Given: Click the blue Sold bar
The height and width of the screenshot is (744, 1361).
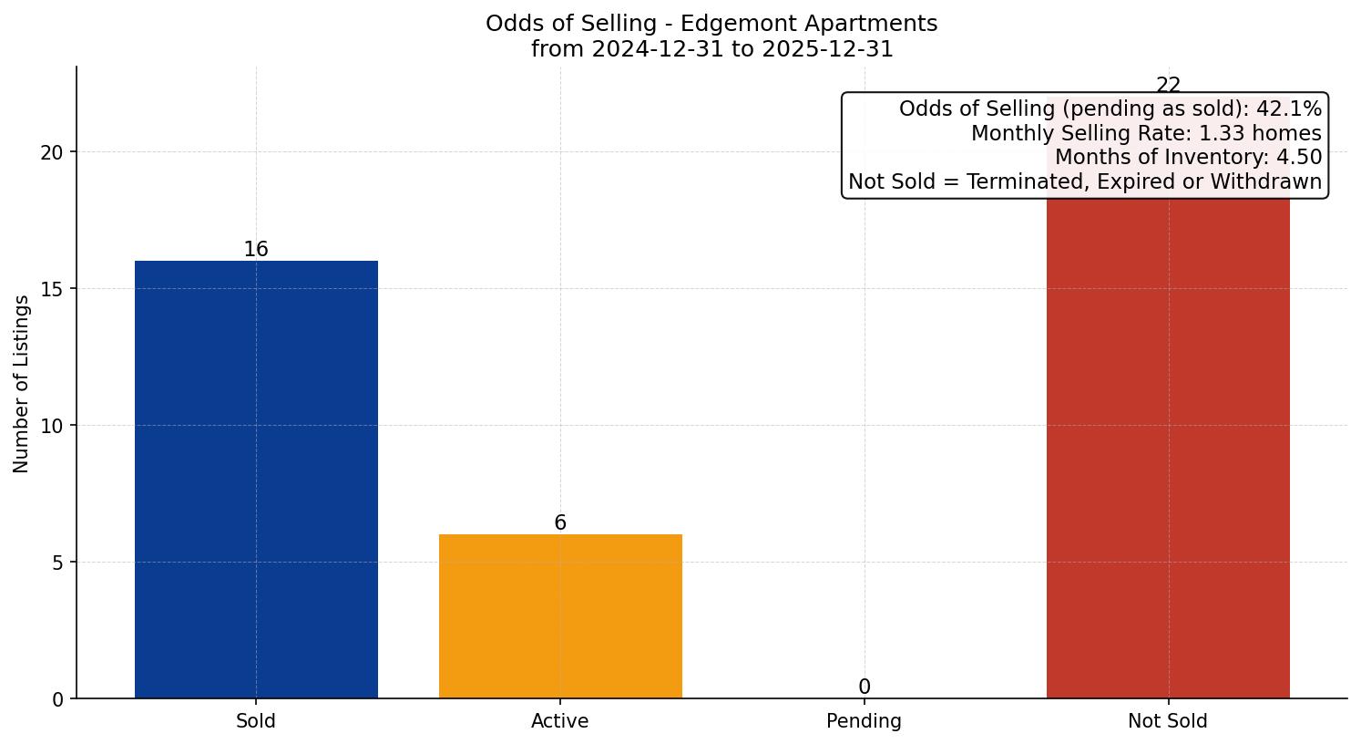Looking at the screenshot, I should pos(256,480).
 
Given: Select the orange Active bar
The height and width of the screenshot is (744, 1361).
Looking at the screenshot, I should pos(560,616).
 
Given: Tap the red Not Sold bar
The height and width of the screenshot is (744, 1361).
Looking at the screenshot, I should pos(1168,456).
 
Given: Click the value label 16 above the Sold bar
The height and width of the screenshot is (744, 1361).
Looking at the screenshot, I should pos(256,250).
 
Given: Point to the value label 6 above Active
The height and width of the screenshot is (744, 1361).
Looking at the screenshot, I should pos(560,523).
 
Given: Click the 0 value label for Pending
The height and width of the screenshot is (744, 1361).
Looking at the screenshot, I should pos(864,687).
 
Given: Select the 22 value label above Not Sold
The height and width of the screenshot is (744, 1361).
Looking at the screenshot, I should pos(1168,86).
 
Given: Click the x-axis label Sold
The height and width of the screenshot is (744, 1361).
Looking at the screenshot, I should pos(256,721).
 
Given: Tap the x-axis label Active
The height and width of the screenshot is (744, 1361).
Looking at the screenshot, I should pos(560,721).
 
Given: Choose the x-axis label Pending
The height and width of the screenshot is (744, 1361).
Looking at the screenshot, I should pos(864,721).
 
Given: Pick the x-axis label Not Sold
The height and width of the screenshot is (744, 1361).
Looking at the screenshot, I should pos(1168,721).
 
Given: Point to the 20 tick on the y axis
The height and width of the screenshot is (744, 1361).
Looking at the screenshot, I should pos(52,152).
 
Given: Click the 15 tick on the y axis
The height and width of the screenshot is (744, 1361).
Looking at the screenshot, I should pos(52,289).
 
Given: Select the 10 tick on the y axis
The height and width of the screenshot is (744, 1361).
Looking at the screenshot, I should pos(52,426).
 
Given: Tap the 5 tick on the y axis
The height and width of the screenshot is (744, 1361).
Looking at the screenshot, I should pos(57,563).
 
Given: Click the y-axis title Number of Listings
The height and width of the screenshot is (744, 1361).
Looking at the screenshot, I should pos(22,384).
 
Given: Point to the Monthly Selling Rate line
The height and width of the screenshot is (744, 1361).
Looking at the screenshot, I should pos(1145,134).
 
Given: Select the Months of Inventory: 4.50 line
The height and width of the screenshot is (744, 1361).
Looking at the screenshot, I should pos(1187,158).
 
